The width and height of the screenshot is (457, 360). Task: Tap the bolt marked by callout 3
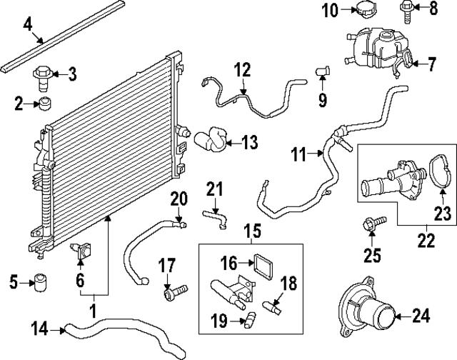tap(45, 74)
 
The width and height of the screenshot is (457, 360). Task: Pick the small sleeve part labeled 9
tap(323, 70)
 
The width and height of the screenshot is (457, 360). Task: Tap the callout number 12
tap(243, 70)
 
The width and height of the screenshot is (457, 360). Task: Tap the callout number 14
tap(41, 329)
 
